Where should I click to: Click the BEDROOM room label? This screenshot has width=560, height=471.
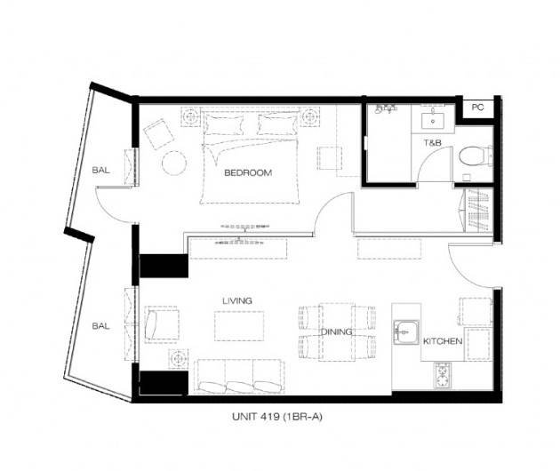click(248, 172)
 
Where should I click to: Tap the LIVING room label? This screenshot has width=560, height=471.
click(237, 300)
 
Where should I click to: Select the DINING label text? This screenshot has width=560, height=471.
click(336, 331)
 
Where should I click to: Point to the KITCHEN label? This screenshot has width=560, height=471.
click(443, 341)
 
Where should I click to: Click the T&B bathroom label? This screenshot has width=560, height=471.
click(433, 143)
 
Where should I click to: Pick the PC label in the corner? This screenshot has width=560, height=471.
click(477, 108)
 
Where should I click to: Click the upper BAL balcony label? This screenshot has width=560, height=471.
click(100, 170)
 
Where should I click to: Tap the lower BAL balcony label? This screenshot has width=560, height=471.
click(100, 325)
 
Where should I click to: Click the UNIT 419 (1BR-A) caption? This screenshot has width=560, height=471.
click(277, 417)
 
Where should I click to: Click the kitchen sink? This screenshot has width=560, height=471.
click(406, 332)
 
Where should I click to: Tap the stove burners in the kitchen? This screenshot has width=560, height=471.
click(443, 376)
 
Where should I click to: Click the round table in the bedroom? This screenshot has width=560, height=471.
click(174, 163)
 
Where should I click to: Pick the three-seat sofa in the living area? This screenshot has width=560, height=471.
click(239, 377)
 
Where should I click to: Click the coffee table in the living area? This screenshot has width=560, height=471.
click(239, 326)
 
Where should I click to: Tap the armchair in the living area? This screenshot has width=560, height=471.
click(162, 324)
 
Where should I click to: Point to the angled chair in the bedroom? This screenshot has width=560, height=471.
click(158, 134)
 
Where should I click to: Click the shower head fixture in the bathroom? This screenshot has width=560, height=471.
click(385, 108)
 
